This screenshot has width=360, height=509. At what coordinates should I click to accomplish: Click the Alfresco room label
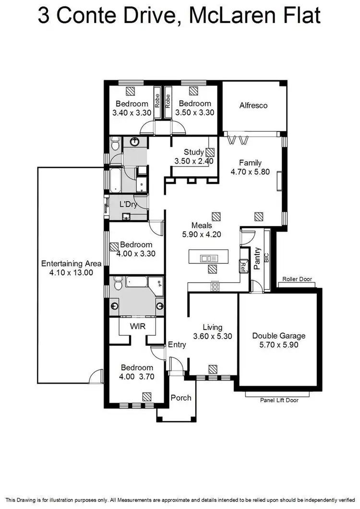pos(253,105)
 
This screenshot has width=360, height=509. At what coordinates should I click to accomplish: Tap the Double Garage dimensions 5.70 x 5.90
pos(279,344)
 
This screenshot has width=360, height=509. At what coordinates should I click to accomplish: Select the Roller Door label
pos(297,278)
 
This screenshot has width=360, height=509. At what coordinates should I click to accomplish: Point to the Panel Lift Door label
pos(279,400)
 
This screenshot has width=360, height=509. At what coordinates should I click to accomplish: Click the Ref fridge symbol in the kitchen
pos(243,265)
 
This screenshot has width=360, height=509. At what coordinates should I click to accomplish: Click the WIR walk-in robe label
pos(137,326)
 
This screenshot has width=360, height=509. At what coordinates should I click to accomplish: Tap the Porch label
pos(181,397)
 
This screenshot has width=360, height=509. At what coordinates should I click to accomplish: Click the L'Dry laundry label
pos(129,204)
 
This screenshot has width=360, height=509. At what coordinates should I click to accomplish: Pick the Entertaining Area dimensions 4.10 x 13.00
pos(71,272)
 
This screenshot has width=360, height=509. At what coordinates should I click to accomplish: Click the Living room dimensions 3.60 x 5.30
pos(213,336)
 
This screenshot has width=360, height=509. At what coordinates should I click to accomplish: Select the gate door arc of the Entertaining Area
pos(96,376)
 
